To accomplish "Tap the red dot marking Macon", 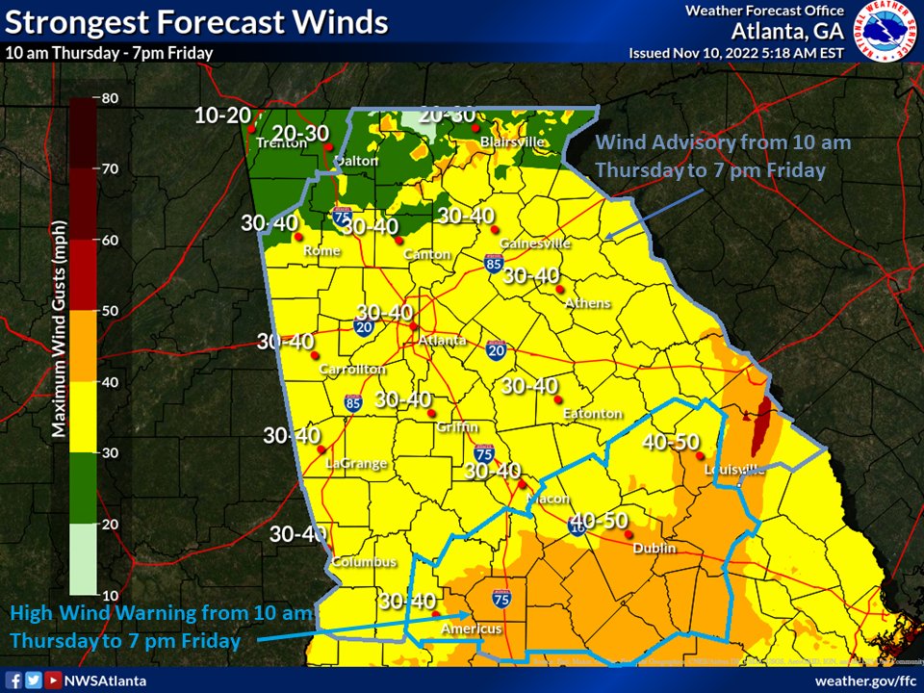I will click(x=524, y=485).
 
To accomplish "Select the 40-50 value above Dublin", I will click(x=599, y=520).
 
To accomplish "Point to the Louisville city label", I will click(x=734, y=470).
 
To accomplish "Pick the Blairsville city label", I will click(x=512, y=141).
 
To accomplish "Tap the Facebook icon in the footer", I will click(x=14, y=680).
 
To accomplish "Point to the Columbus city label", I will click(x=364, y=562).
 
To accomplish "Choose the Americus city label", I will click(x=472, y=629).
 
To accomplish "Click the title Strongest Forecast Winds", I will click(x=196, y=22).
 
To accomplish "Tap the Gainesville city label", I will click(x=535, y=244).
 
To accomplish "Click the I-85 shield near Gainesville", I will click(x=492, y=264).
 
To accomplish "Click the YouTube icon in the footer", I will click(x=53, y=680).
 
